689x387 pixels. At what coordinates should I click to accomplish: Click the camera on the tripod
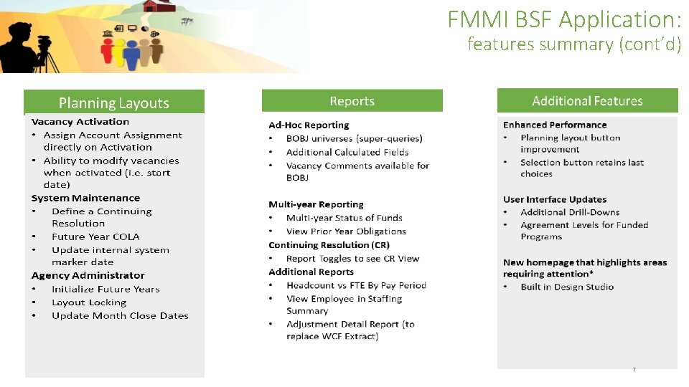click(x=44, y=41)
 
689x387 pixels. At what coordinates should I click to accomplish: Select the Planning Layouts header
click(x=114, y=103)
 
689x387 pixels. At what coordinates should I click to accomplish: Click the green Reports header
click(x=352, y=101)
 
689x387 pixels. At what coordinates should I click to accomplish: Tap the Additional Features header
click(x=587, y=101)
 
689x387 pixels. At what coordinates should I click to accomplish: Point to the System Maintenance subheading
click(x=85, y=198)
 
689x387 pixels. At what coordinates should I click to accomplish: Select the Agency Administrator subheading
click(x=88, y=275)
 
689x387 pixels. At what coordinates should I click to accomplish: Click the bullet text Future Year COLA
click(x=95, y=236)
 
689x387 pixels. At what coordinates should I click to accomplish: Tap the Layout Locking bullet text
click(x=89, y=302)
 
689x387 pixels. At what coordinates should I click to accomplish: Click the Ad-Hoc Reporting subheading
click(x=309, y=125)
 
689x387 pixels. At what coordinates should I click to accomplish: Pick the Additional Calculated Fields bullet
click(x=347, y=152)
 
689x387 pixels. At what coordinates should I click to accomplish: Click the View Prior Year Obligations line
click(x=346, y=231)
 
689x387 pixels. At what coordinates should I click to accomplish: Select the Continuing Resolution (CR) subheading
click(x=329, y=245)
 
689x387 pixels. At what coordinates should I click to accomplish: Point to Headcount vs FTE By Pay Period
click(x=356, y=285)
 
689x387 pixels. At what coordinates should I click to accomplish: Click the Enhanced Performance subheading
click(x=555, y=125)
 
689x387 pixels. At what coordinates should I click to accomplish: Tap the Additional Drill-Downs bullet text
click(x=570, y=212)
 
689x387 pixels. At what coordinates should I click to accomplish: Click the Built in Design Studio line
click(x=567, y=287)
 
